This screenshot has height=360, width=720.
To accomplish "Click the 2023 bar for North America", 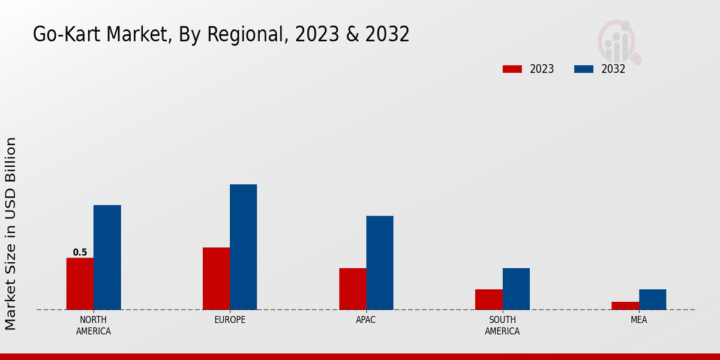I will [x=80, y=284].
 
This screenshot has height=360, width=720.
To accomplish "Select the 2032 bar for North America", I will [x=107, y=257].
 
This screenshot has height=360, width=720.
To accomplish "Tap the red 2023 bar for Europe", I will [x=216, y=278].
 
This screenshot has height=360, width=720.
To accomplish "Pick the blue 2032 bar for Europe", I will [x=243, y=247].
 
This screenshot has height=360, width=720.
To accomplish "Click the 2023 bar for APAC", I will [x=352, y=289].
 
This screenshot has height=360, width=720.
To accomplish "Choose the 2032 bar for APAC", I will [x=380, y=263].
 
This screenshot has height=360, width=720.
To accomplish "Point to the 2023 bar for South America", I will [x=488, y=299].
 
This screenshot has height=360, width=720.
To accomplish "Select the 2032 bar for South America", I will [x=516, y=289].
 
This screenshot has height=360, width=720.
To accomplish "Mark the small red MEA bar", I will [x=625, y=305].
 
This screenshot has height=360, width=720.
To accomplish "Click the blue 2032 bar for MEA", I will [x=652, y=299].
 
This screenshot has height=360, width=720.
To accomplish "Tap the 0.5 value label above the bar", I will [x=80, y=253].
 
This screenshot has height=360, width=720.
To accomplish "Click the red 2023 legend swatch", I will [x=512, y=69].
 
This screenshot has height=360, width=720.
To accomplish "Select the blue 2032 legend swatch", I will [x=583, y=69].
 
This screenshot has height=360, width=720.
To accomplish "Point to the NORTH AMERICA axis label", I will [x=94, y=325].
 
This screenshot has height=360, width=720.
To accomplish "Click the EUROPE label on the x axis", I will [x=230, y=320].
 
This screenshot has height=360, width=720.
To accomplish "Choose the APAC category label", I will [x=366, y=320].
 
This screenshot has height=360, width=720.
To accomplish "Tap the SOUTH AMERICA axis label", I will [x=502, y=325].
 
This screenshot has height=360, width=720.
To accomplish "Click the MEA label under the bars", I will [x=638, y=320].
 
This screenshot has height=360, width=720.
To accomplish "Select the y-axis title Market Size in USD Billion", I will [x=11, y=233].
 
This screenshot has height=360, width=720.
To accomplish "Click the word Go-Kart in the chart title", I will [x=67, y=35].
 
